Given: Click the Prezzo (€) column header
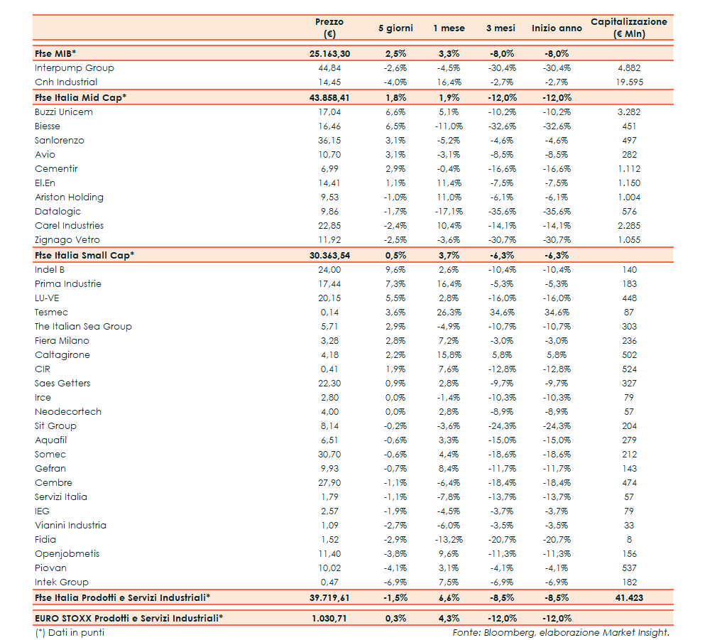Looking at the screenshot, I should coord(329,28).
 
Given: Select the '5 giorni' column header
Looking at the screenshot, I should coord(395,28).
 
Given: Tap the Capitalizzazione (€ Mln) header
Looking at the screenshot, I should coord(628,28).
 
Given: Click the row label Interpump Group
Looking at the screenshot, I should coord(74,68).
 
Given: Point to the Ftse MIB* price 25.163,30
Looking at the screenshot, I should coord(329,53).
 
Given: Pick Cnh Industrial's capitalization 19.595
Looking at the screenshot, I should coord(628,82).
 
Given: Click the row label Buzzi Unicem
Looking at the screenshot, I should coord(63,112).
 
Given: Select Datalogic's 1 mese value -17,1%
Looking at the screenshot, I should coord(449,211).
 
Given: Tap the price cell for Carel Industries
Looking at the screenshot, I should coord(329,225).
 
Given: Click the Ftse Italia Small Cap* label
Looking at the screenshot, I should coord(84,255).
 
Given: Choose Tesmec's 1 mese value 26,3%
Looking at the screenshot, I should coord(449,312).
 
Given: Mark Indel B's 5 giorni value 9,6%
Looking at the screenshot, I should coord(395,269).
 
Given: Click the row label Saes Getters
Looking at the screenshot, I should coord(62,383).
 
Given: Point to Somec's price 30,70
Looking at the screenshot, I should coord(329,454).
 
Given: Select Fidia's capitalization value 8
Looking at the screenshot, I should coord(628,539).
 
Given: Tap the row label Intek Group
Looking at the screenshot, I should coord(62,582).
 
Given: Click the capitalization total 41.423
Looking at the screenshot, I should coord(628,597).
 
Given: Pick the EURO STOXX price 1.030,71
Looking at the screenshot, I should coord(329,618).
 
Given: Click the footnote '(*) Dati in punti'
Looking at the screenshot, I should coord(70,632).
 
